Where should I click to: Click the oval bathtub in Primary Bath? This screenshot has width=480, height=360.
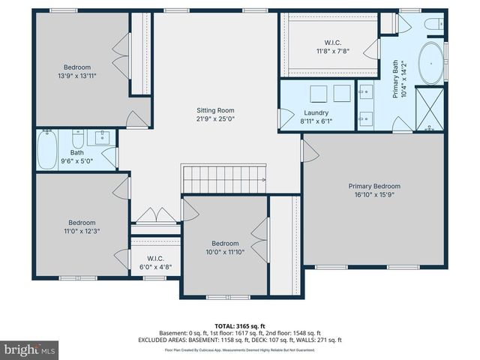[430, 63]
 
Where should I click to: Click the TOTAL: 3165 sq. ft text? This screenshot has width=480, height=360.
[240, 325]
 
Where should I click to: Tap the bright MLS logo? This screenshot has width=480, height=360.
[30, 349]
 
